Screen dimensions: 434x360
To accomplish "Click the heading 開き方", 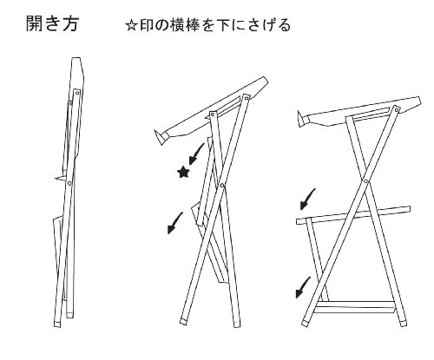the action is coord(52,23).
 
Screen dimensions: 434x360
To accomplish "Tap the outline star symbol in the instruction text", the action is coord(131,26).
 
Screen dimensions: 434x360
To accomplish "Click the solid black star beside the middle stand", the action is coord(183,172).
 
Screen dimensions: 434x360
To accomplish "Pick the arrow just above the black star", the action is coord(196,154).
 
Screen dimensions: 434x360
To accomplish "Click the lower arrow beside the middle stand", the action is coord(174,223).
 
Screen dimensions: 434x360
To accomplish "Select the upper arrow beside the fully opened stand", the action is coord(307,199).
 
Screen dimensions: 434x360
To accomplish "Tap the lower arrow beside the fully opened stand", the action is coord(303,287).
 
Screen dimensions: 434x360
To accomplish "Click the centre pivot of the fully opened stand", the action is coord(365,181).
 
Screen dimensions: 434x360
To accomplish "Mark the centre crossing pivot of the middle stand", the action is coord(222,185).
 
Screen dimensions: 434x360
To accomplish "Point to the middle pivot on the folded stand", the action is coord(69,183).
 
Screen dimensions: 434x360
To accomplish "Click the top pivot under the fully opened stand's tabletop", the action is coord(396,109).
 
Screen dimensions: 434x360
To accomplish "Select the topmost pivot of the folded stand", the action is coord(77,93).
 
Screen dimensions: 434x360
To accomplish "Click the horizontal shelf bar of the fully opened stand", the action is coord(353,215).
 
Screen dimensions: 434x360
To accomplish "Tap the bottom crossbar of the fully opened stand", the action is coord(355,307).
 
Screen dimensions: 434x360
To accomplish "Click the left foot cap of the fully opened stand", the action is coord(305,323).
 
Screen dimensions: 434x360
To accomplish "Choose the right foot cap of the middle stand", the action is coord(237,324).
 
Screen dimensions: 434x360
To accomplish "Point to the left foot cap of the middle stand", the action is coord(183,320).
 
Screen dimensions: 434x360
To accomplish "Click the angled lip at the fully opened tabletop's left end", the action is coord(303,120).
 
